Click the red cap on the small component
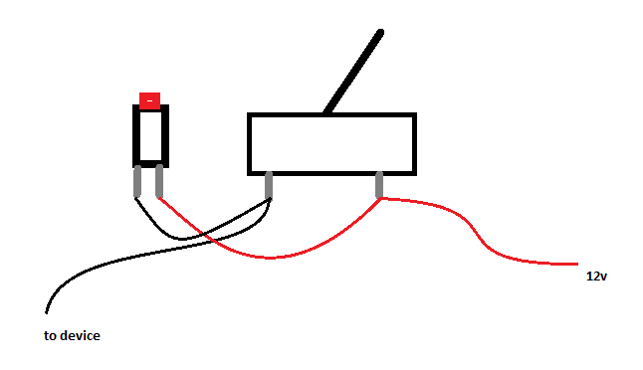click(149, 100)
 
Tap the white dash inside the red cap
click(150, 100)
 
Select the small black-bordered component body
click(150, 136)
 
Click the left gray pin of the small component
click(137, 181)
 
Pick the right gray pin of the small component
click(159, 181)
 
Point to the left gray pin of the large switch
click(269, 185)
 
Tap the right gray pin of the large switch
click(379, 185)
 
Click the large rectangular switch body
click(331, 144)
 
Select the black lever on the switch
click(353, 72)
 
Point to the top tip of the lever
click(380, 32)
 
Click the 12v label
click(596, 277)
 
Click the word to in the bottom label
click(49, 336)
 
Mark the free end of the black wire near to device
click(47, 313)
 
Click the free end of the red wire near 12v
click(577, 265)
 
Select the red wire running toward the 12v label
click(476, 234)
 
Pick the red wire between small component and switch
click(269, 258)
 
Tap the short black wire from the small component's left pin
click(180, 239)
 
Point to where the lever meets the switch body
click(326, 111)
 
